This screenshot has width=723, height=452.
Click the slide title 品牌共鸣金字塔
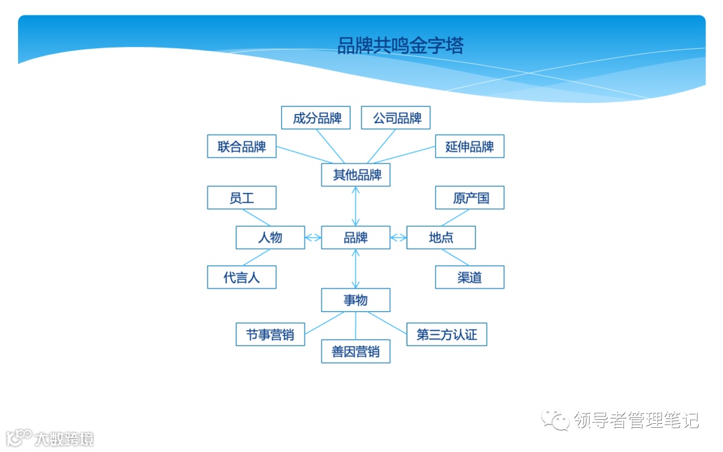tap(400, 46)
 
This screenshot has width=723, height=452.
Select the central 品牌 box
tap(355, 238)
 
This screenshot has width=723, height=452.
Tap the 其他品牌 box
tap(355, 175)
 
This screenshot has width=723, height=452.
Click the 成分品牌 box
tap(316, 119)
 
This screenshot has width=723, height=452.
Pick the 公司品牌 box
tap(396, 119)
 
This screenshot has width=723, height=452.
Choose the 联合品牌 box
tap(242, 147)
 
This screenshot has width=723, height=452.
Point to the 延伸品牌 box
tap(469, 147)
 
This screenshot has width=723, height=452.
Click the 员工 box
tap(242, 198)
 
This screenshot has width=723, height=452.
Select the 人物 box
tap(270, 238)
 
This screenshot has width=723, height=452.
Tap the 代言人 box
tap(242, 277)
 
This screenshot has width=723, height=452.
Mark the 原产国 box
tap(469, 198)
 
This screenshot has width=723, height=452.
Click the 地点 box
tap(441, 238)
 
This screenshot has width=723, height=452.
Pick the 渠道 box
tap(469, 277)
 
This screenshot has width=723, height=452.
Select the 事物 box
tap(355, 300)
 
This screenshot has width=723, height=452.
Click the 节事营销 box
tap(270, 335)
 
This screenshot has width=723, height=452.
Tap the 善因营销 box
tap(355, 352)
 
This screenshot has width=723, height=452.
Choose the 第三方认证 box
tap(447, 335)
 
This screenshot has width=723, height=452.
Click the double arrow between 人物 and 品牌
tap(313, 238)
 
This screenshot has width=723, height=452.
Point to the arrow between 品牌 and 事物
tap(355, 269)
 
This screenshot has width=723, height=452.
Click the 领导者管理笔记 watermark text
tap(635, 421)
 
